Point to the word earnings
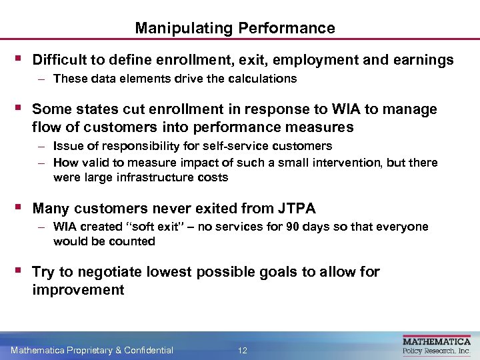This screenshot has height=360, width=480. click(x=423, y=60)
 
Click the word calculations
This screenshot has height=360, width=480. click(x=263, y=79)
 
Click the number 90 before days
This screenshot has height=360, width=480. click(x=292, y=227)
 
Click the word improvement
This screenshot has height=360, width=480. click(x=78, y=289)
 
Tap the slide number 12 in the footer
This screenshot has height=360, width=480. click(x=243, y=350)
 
